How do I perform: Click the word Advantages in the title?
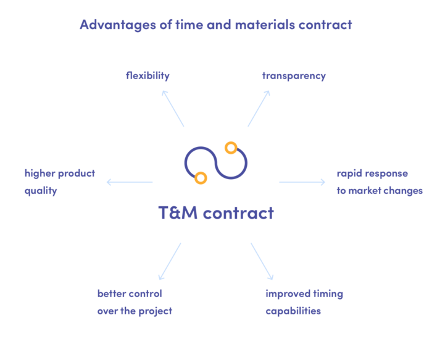pyautogui.click(x=118, y=25)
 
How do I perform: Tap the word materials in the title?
pyautogui.click(x=265, y=25)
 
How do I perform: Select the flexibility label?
pyautogui.click(x=147, y=76)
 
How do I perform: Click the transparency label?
pyautogui.click(x=294, y=76)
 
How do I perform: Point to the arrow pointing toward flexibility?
pyautogui.click(x=173, y=108)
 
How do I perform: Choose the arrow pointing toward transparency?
pyautogui.click(x=259, y=108)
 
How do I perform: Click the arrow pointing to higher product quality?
pyautogui.click(x=130, y=182)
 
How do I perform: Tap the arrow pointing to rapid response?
pyautogui.click(x=302, y=182)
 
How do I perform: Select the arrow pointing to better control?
pyautogui.click(x=170, y=261)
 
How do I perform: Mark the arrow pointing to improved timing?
pyautogui.click(x=262, y=261)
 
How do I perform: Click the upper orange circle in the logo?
pyautogui.click(x=231, y=148)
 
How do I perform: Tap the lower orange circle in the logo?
pyautogui.click(x=201, y=178)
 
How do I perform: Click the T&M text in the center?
pyautogui.click(x=178, y=213)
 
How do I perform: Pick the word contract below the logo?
pyautogui.click(x=239, y=213)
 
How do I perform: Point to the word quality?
pyautogui.click(x=41, y=191)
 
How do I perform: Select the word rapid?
pyautogui.click(x=348, y=174)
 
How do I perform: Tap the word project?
pyautogui.click(x=156, y=311)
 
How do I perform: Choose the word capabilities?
pyautogui.click(x=293, y=311)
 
